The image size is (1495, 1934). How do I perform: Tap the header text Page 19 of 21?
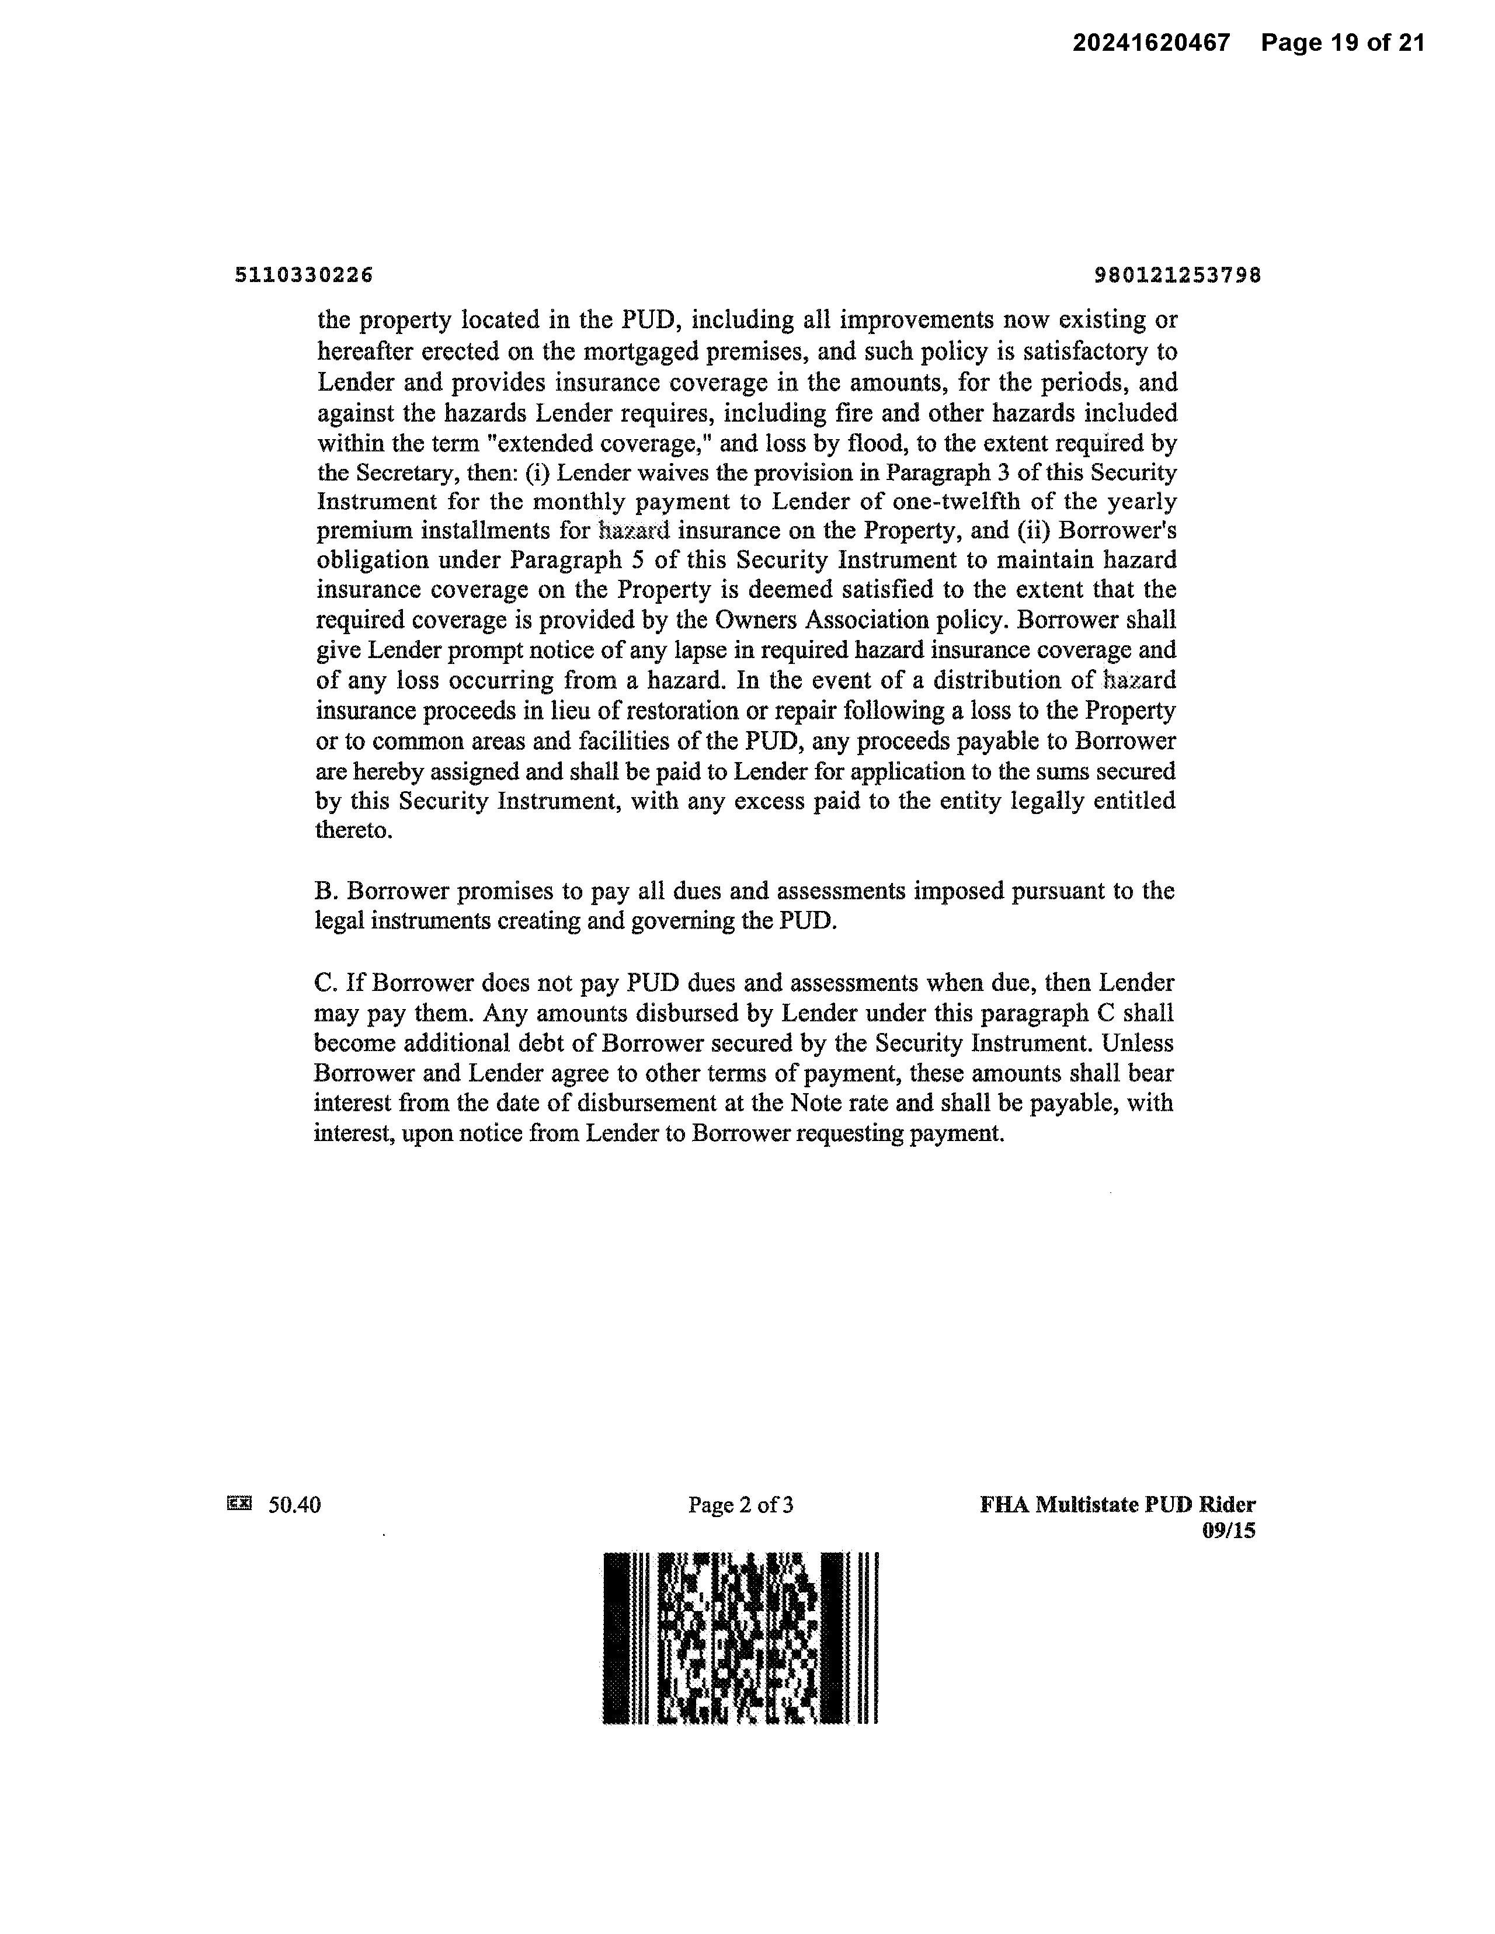click(x=1343, y=43)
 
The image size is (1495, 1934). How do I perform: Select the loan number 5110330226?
click(x=304, y=276)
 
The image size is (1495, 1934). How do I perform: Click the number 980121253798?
click(x=1178, y=276)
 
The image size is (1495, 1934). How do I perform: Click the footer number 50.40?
click(x=295, y=1505)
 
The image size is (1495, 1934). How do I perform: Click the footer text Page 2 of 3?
click(x=740, y=1505)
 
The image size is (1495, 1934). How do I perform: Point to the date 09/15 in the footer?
click(x=1229, y=1530)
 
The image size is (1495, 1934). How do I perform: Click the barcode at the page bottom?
click(x=740, y=1637)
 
